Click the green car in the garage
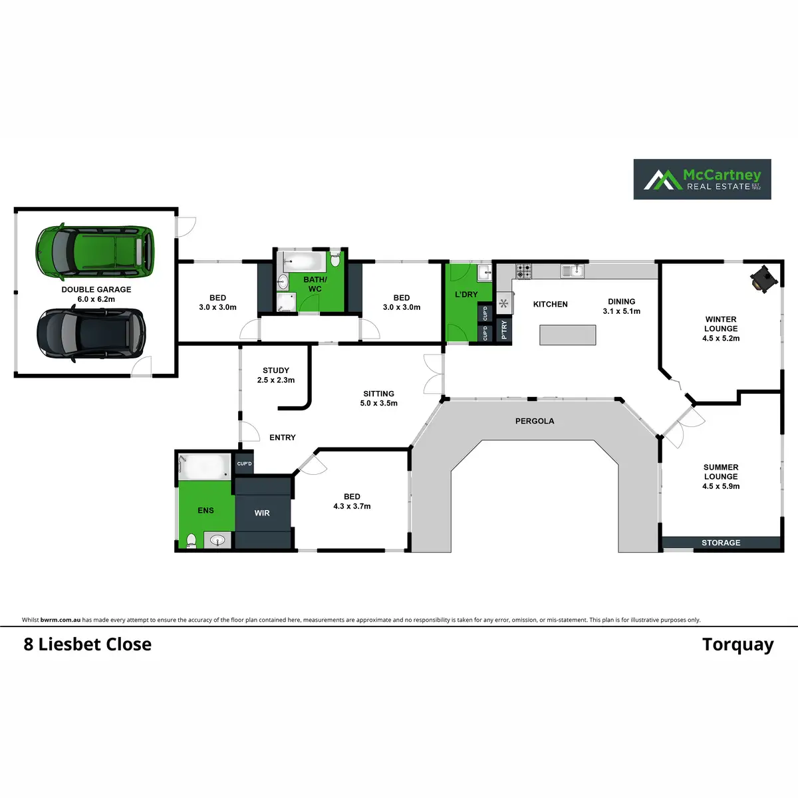pos(95,253)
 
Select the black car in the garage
pos(90,334)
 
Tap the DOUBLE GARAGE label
pos(96,290)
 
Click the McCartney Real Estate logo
pos(702,179)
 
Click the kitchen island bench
pos(567,335)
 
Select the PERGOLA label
pos(534,421)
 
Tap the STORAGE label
pos(721,543)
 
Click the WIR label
pos(262,513)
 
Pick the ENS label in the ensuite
pos(205,510)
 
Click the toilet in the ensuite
pos(192,540)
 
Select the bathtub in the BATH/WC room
pos(302,260)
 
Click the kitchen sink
pos(571,271)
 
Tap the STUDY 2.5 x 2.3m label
pos(276,375)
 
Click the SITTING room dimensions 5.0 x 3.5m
pos(379,403)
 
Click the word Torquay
pos(737,645)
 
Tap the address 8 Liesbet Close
pos(88,644)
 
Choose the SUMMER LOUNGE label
pos(721,472)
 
